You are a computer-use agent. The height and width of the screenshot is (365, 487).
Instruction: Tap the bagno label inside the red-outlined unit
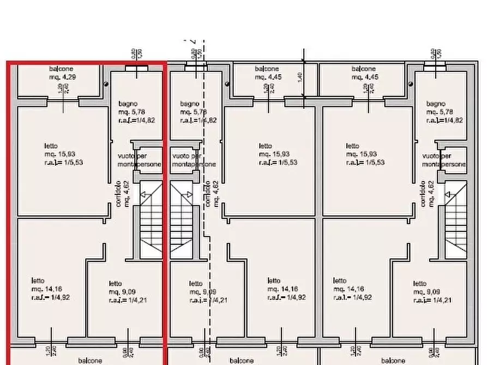(128, 104)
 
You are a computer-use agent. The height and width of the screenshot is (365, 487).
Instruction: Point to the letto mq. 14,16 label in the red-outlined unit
(51, 289)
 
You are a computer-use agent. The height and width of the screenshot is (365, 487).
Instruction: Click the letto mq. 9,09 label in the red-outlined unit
(128, 291)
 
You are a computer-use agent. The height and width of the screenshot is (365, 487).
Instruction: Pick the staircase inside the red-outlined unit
(151, 221)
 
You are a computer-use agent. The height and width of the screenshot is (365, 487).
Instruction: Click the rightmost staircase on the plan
(456, 221)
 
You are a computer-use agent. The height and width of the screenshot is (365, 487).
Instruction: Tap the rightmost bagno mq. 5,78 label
(444, 112)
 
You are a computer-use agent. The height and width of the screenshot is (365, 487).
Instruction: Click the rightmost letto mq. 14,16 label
(352, 289)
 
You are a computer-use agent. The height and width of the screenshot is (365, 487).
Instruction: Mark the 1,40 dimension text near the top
(299, 77)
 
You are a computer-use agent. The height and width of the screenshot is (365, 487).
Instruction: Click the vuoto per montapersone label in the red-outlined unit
(140, 160)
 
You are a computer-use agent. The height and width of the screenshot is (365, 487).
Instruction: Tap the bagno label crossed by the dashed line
(197, 112)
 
